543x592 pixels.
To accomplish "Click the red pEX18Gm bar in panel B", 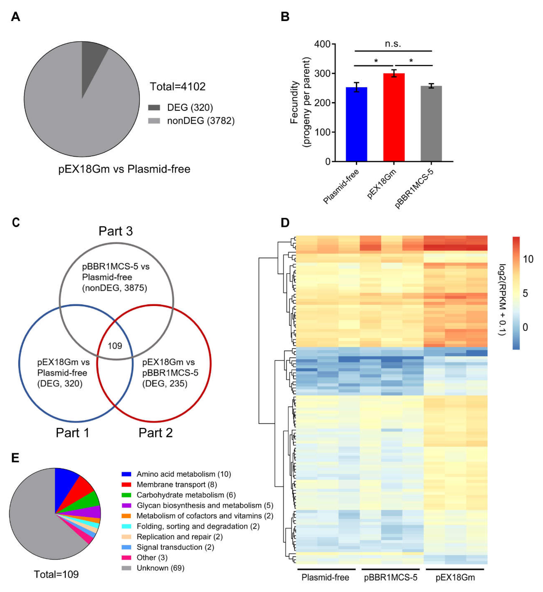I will coord(394,118).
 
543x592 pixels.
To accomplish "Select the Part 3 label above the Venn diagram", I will coord(115,231).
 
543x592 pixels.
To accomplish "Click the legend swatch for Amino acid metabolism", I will coord(126,474).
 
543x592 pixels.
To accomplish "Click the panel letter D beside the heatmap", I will coord(285,223).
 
